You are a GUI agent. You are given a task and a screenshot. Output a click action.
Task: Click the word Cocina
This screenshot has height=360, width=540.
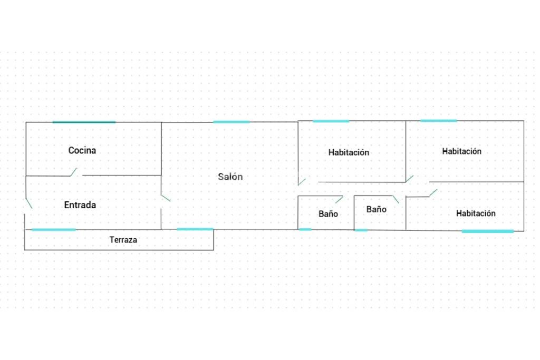click(82, 150)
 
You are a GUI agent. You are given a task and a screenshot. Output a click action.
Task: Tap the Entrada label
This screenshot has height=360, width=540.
click(80, 205)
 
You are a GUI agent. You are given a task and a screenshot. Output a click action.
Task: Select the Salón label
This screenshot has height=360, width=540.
click(230, 177)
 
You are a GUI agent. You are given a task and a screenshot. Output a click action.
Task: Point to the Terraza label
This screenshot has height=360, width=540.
click(123, 239)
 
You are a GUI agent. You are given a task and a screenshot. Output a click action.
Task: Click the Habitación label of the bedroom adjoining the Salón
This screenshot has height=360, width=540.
click(349, 152)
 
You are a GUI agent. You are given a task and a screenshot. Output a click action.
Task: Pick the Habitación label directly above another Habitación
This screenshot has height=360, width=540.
click(461, 151)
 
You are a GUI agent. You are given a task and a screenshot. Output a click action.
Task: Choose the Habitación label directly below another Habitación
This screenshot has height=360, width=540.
click(476, 213)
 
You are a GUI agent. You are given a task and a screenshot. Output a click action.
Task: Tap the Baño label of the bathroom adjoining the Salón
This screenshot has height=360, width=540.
click(328, 213)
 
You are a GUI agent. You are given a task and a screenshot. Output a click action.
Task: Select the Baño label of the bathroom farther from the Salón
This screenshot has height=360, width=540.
click(376, 209)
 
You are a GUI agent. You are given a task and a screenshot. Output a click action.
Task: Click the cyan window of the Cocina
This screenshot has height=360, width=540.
click(84, 122)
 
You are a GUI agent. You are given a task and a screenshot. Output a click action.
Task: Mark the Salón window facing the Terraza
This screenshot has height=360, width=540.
click(195, 229)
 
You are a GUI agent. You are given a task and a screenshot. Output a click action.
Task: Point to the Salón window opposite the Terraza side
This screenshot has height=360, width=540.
click(231, 122)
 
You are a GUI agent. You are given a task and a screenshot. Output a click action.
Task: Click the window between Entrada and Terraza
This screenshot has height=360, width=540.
click(53, 230)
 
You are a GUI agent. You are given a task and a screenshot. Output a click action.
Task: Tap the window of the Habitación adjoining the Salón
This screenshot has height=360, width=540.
click(331, 121)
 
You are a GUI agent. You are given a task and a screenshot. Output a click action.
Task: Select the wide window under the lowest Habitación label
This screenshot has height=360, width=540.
click(488, 231)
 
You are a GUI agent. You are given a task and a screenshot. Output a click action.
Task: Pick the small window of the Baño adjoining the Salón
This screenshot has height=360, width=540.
click(305, 229)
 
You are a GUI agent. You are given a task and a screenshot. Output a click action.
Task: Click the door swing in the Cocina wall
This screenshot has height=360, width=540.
click(73, 172)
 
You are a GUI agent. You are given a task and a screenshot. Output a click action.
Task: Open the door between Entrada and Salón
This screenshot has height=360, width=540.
click(166, 198)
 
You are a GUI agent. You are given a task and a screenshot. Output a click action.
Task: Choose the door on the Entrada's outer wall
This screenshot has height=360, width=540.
click(28, 203)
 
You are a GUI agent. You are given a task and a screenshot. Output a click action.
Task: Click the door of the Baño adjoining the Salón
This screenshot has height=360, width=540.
click(339, 200)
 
